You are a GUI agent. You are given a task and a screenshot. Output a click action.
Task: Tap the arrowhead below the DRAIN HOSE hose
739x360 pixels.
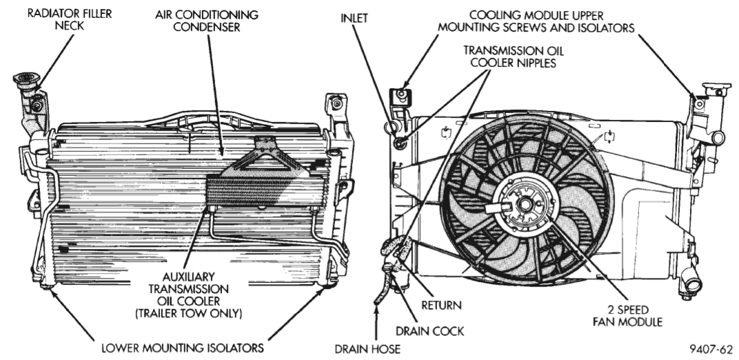(x=376, y=314)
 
